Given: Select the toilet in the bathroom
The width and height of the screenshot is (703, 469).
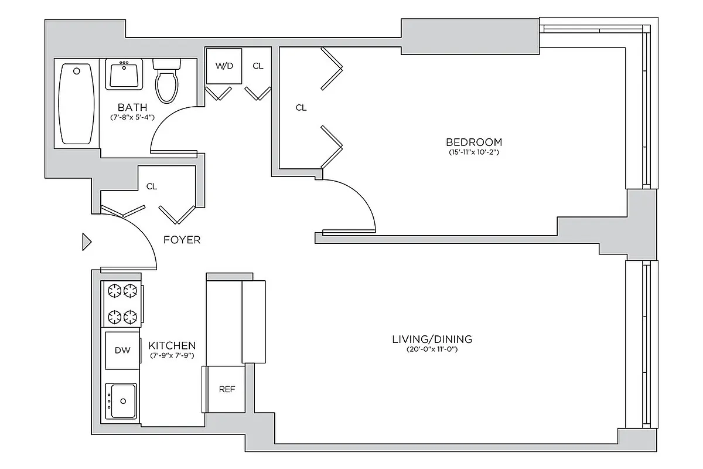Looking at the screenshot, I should [x=166, y=81].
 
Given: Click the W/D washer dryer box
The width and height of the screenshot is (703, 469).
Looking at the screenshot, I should [x=224, y=66].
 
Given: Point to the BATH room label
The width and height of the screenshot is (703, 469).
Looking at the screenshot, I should [x=132, y=107].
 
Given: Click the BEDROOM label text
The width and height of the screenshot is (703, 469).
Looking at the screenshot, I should [x=473, y=142].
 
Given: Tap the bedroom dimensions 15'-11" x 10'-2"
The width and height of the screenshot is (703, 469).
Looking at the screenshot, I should [x=473, y=152].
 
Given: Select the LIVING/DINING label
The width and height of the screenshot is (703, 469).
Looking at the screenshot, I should [x=432, y=339].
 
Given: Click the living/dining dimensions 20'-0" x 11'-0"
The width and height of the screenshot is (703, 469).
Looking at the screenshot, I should [x=432, y=350].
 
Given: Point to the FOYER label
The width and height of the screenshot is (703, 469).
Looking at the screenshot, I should [x=182, y=240].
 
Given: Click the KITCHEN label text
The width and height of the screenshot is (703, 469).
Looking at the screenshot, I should [x=172, y=345].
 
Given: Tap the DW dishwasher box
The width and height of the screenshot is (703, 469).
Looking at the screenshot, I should [x=122, y=351].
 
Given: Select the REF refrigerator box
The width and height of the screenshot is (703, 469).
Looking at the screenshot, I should [x=227, y=389].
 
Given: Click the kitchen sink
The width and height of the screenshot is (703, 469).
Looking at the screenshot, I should [x=121, y=401].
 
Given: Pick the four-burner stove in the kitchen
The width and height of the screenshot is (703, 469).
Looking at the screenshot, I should [x=122, y=304].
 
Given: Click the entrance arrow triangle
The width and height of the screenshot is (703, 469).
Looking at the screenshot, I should [x=87, y=242].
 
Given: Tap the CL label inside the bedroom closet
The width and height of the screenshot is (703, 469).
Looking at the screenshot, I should [x=301, y=108].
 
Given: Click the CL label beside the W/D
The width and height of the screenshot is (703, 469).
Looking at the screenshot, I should [x=258, y=66].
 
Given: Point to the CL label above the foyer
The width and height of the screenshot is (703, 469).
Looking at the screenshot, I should [x=152, y=186].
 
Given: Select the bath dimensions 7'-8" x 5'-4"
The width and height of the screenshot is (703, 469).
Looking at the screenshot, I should [x=132, y=117].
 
